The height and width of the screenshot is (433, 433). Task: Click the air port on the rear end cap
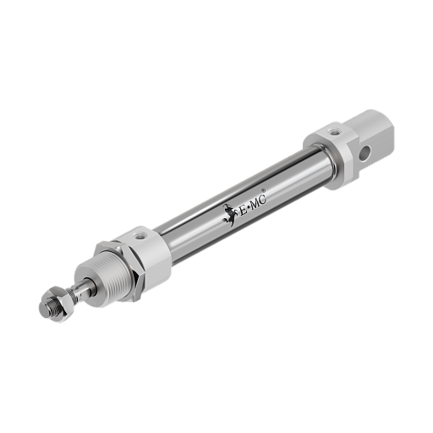[x=335, y=131]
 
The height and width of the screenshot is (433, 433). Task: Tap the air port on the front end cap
[x=139, y=236]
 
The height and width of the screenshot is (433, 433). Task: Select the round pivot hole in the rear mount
[x=366, y=154]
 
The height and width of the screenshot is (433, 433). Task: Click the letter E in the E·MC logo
[x=243, y=211]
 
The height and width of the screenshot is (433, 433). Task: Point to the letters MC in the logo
[x=259, y=201]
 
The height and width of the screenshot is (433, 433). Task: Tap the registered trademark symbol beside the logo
[x=263, y=190]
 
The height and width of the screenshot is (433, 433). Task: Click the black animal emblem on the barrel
[x=229, y=215]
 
